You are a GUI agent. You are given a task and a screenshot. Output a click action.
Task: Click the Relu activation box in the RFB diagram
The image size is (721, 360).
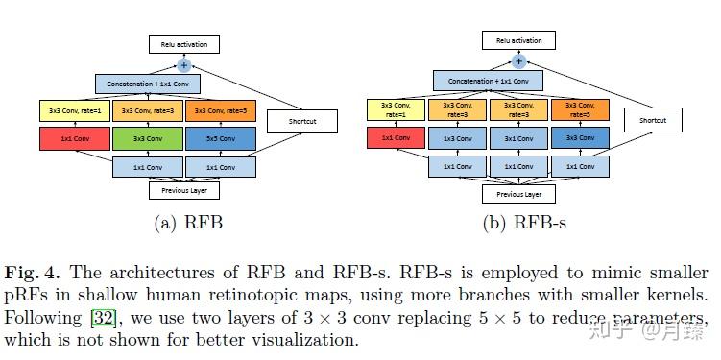184,44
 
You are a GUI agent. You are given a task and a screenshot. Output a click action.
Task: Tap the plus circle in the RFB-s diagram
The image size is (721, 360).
518,60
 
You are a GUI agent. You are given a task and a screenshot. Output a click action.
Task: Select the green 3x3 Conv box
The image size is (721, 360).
148,138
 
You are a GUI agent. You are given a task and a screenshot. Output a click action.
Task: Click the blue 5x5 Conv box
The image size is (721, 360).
221,138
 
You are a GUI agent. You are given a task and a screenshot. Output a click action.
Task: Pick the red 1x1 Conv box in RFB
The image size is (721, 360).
75,138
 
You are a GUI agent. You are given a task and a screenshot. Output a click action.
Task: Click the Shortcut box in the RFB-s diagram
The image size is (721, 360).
653,120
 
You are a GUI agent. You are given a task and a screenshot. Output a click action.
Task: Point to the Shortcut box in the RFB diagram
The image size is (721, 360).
302,121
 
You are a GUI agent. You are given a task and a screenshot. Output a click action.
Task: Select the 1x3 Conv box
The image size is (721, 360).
457,139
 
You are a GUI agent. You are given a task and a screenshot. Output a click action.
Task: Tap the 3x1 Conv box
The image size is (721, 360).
518,139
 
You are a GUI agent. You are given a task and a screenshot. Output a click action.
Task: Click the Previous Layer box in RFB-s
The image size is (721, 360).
518,194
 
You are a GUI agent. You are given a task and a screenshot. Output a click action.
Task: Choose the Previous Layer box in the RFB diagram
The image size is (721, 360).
184,190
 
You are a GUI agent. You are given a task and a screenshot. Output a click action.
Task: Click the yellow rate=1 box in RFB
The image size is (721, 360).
75,111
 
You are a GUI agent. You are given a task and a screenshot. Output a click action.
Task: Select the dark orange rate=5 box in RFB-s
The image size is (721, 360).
580,110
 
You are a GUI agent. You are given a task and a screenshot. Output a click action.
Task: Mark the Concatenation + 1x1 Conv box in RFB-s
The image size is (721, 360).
488,82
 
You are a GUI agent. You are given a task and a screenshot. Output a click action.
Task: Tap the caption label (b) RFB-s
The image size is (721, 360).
525,225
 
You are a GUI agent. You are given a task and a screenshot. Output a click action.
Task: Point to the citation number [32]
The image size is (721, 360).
103,317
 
